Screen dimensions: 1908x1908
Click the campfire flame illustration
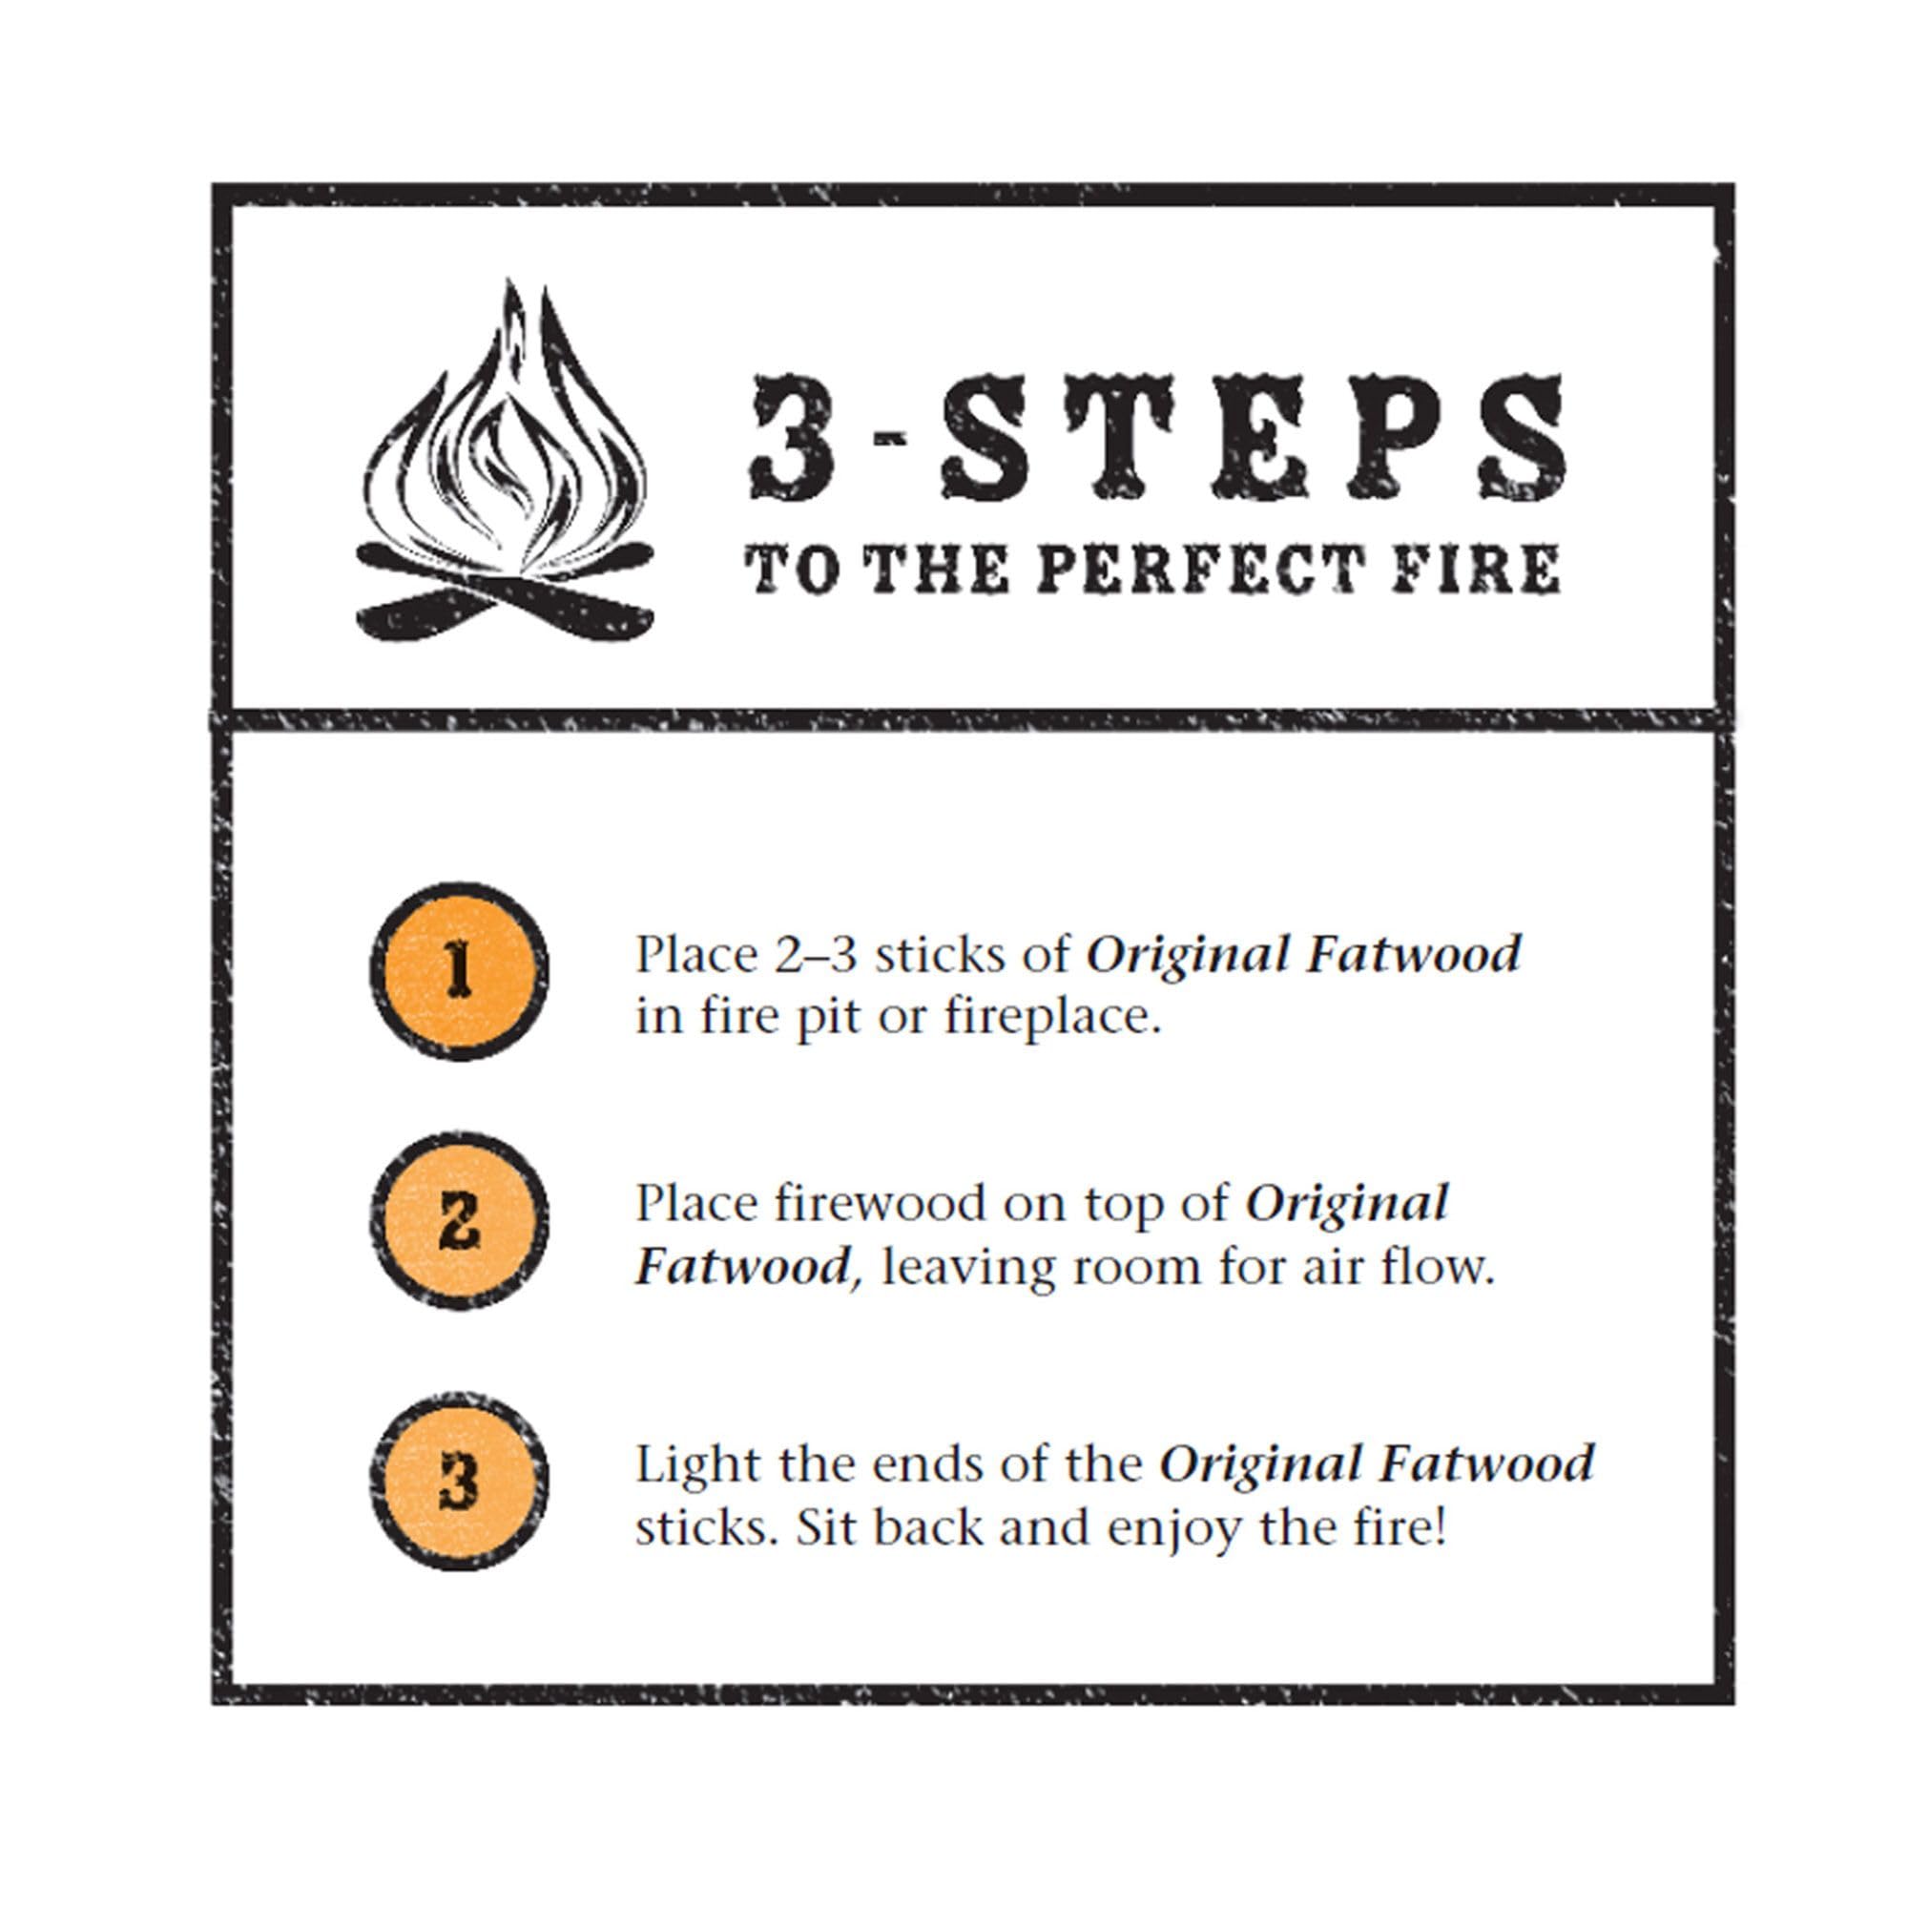tap(504, 465)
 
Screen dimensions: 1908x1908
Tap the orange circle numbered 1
tap(458, 971)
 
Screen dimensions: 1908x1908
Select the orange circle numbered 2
tap(458, 1223)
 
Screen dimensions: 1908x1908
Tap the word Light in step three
tap(695, 1463)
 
